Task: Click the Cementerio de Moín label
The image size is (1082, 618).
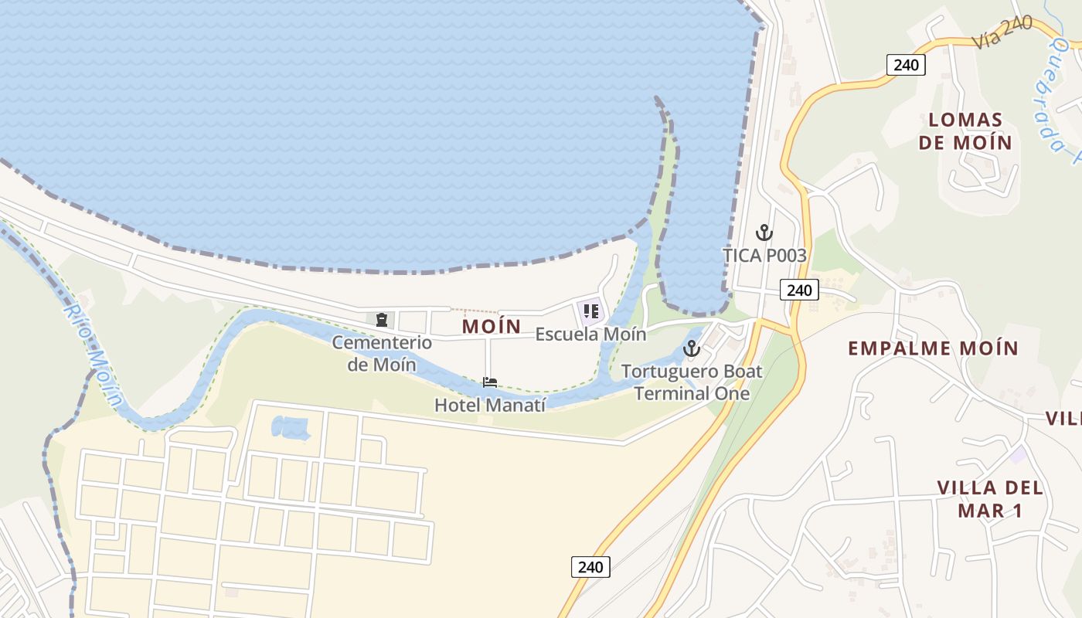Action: [x=381, y=353]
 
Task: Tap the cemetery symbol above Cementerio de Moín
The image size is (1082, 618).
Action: [x=381, y=319]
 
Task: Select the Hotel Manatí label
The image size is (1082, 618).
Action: [x=489, y=405]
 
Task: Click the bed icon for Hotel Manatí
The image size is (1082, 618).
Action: [x=489, y=382]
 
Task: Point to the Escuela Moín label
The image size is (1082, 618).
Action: [x=590, y=334]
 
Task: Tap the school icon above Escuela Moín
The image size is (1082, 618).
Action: [x=591, y=312]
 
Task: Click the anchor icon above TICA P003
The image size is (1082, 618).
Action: [x=764, y=233]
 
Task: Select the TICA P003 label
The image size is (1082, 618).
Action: [x=764, y=256]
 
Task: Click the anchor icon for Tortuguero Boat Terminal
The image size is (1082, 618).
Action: [x=692, y=348]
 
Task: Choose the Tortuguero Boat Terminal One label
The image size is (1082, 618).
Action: [x=692, y=382]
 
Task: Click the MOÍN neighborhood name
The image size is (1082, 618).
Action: [x=492, y=326]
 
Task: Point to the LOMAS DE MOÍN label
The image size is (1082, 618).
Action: [x=970, y=131]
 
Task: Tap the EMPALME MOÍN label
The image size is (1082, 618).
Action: [x=933, y=348]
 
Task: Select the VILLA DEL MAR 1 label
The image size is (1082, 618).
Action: [x=990, y=499]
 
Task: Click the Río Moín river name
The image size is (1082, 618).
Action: [x=94, y=354]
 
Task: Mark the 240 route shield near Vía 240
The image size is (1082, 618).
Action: [x=906, y=64]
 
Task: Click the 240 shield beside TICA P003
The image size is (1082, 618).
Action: [x=798, y=290]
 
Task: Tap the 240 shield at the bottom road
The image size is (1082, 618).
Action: [x=590, y=566]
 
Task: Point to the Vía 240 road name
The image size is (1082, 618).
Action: [x=1002, y=32]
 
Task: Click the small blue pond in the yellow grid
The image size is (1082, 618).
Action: [x=291, y=426]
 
